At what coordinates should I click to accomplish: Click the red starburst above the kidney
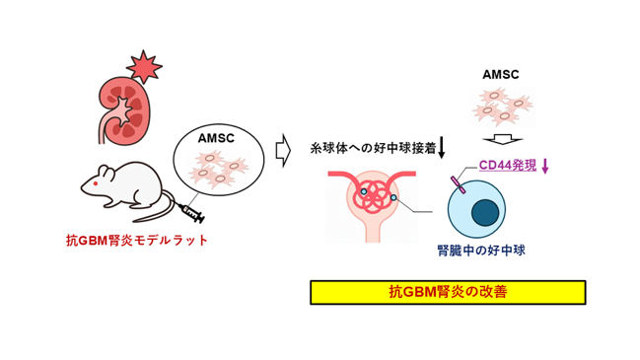144,67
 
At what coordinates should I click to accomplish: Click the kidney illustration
124,111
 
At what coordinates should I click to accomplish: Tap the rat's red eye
96,183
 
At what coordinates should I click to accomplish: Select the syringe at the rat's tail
193,213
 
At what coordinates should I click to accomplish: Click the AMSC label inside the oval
216,138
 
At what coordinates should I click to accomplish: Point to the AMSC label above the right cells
500,75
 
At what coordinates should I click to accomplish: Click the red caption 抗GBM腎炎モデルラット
137,241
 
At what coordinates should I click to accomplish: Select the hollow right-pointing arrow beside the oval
283,150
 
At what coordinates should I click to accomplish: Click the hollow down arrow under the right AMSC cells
503,139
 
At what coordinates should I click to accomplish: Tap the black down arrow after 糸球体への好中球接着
441,148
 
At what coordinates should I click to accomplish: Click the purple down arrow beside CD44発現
544,166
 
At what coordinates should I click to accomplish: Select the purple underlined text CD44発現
507,165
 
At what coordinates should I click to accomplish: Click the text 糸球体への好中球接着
373,148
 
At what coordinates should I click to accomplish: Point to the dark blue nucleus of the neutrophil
485,213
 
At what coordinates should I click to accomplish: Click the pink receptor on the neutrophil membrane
458,184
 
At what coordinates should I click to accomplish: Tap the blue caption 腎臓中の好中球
481,251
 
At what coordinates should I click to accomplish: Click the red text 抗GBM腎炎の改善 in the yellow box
448,292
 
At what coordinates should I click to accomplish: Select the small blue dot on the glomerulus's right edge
393,198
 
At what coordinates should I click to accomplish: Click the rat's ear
107,172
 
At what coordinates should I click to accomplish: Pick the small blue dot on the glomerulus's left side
363,191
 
